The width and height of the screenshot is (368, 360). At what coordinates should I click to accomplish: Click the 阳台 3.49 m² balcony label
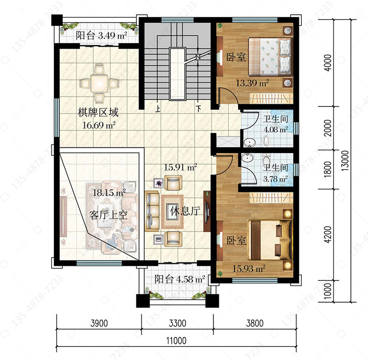[x=102, y=36]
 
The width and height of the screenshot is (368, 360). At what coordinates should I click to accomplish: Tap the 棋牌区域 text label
[x=98, y=112]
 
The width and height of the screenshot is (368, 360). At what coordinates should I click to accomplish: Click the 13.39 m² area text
[x=252, y=83]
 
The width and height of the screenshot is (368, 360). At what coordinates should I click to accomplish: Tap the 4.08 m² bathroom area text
[x=276, y=129]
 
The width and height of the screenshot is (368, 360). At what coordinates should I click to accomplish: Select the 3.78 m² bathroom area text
[x=275, y=179]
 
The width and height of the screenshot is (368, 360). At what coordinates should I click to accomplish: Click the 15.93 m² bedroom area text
[x=249, y=268]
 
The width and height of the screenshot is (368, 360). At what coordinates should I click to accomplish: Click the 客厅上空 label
[x=108, y=215]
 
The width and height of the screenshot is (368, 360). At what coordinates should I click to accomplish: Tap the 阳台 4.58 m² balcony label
[x=180, y=279]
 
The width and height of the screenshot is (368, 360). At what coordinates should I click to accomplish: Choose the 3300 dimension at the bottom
[x=178, y=323]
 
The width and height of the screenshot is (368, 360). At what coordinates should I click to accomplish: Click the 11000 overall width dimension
[x=176, y=340]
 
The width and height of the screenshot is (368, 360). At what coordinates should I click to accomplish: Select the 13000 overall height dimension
[x=345, y=161]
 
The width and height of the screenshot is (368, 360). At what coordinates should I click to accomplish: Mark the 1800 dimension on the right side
[x=328, y=169]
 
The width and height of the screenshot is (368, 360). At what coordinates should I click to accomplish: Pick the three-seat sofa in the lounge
[x=152, y=211]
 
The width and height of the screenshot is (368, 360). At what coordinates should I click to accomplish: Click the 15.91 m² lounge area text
[x=180, y=167]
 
